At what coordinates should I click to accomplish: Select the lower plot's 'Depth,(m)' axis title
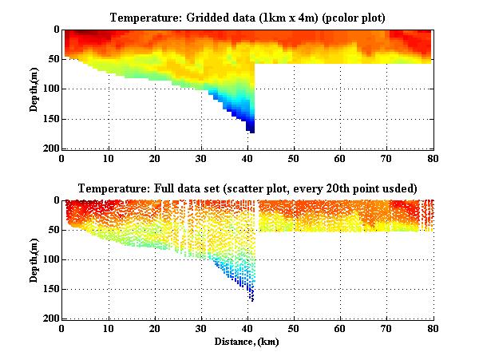point(35,259)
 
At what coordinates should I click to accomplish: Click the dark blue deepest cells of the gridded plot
point(250,126)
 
